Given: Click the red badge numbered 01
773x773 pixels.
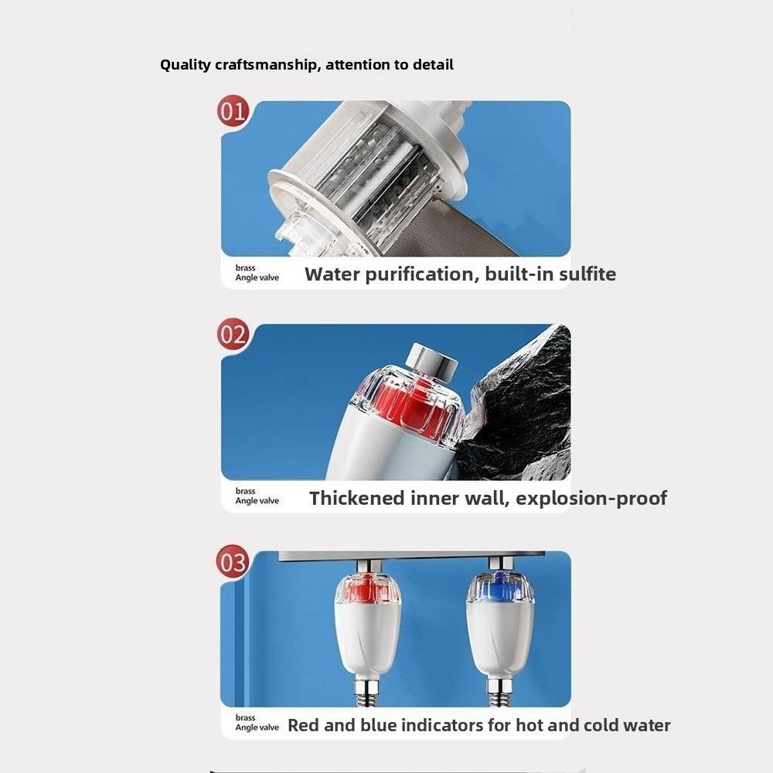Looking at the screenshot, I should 232,111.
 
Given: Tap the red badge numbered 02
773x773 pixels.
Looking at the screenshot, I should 232,335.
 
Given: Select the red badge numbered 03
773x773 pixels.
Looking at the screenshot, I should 233,562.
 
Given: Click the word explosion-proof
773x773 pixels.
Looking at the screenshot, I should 591,498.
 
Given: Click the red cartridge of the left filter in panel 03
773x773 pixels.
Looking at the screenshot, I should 367,590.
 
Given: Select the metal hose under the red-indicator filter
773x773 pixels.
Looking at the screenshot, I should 366,691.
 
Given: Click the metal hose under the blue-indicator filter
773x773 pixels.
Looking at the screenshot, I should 499,691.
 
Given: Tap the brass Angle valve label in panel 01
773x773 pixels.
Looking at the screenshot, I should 257,273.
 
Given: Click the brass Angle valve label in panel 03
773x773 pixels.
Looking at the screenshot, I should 257,723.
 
